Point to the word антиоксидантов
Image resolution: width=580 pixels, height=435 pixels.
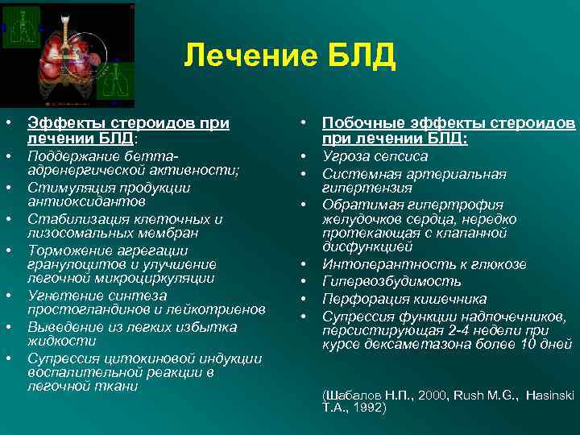[77, 201]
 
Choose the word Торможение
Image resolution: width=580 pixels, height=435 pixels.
[64, 250]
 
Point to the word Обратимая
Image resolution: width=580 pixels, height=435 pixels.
[358, 205]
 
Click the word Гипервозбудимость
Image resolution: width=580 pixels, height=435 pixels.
[391, 281]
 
